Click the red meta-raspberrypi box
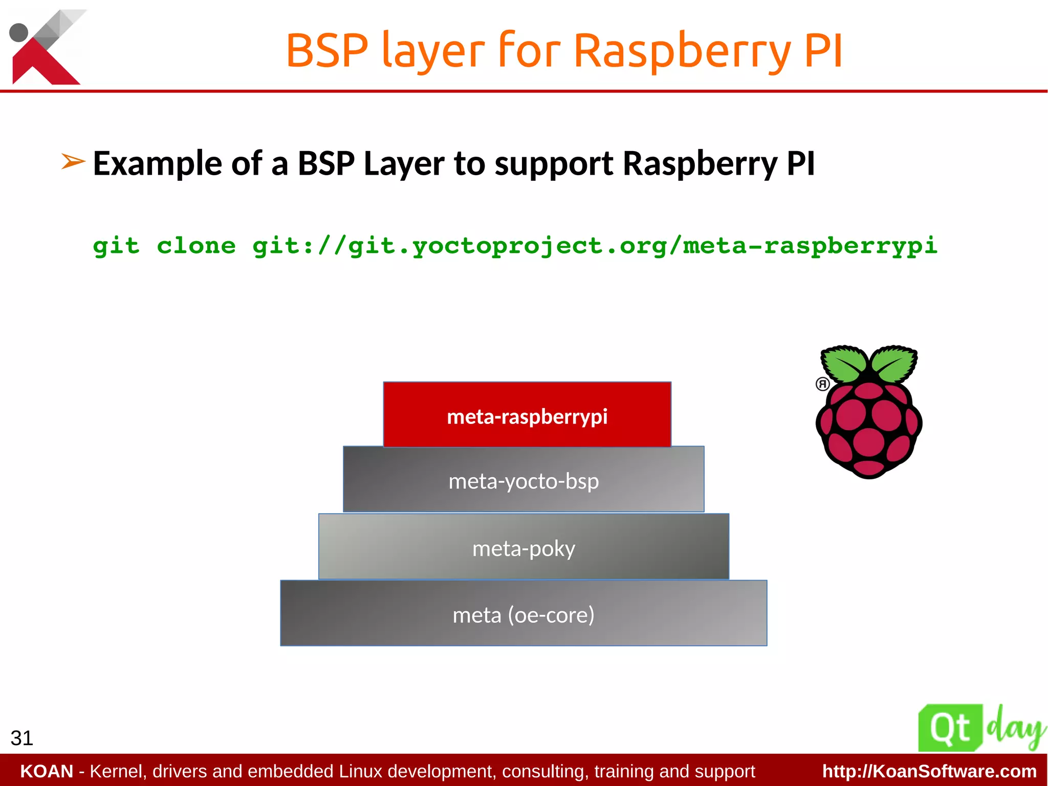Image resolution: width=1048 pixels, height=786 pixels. [x=527, y=414]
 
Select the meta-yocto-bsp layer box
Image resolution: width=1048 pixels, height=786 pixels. [x=523, y=479]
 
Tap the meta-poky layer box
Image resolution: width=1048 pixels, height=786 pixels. [x=523, y=546]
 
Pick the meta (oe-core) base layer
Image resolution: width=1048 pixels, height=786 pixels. [x=523, y=613]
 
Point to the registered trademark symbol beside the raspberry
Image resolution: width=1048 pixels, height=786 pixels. [x=822, y=384]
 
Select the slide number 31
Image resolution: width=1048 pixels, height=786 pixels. [x=21, y=738]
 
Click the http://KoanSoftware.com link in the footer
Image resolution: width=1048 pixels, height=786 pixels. [x=929, y=771]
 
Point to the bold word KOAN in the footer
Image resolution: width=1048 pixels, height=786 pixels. [x=47, y=771]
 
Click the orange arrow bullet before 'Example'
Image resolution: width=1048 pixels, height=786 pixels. [x=73, y=162]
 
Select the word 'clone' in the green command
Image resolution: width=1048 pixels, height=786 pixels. [x=196, y=246]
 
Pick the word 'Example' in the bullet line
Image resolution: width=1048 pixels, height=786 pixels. [x=158, y=164]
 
